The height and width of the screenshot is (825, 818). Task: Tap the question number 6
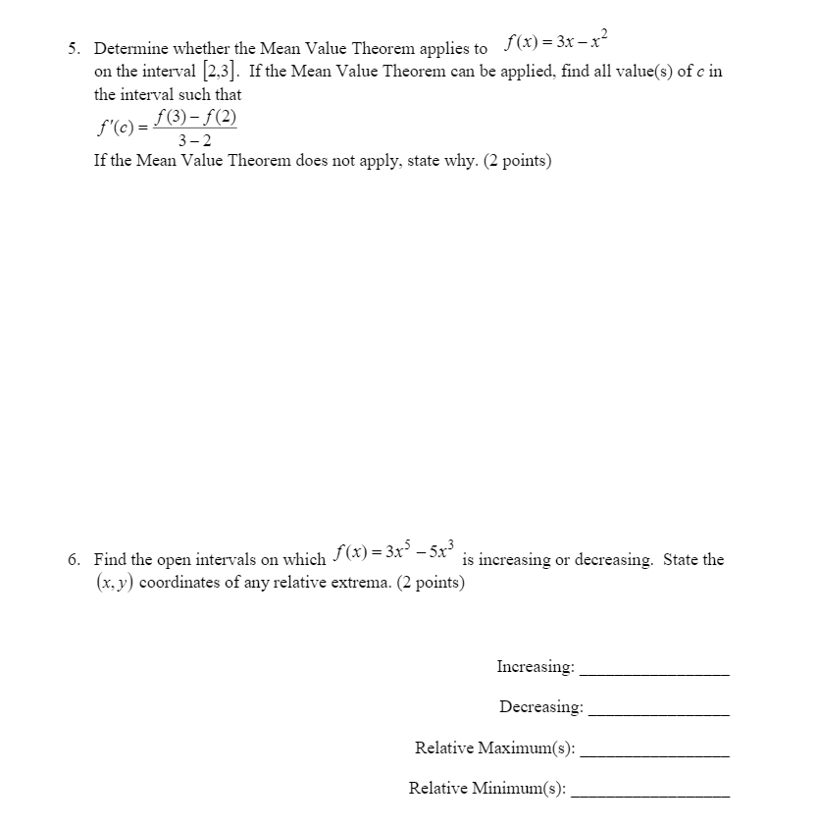(74, 560)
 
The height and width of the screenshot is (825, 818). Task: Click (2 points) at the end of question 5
(518, 160)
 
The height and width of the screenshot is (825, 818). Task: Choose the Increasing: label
(536, 667)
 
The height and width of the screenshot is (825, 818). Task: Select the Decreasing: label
(540, 706)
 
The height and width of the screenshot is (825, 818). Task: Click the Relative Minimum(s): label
(487, 788)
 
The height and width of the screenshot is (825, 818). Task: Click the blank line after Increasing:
(655, 674)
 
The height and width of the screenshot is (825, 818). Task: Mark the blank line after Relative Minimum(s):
(650, 795)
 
